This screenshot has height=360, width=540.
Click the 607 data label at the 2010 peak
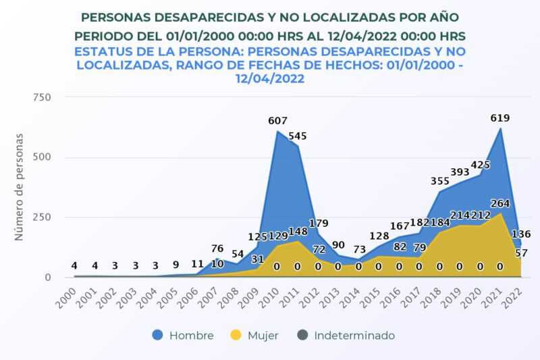pos(277,121)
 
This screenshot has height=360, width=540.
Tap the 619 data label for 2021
pos(500,118)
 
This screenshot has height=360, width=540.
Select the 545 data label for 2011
pos(298,136)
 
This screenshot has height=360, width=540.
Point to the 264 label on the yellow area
pos(500,203)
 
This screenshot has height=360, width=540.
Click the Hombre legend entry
pos(183,335)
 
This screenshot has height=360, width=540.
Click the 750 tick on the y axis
pos(42,97)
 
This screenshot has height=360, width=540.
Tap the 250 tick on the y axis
pos(42,217)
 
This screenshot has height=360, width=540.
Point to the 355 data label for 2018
pos(439,180)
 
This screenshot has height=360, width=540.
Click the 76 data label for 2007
pos(217,248)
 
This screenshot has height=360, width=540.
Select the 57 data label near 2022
pos(521,253)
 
